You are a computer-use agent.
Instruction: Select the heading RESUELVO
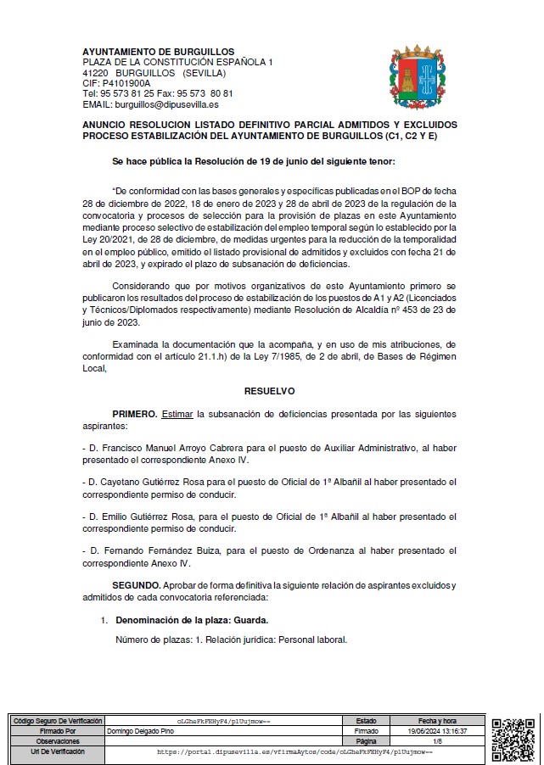[x=269, y=392]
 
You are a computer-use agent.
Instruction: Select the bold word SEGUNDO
[x=137, y=586]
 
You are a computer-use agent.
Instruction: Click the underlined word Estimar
[x=177, y=414]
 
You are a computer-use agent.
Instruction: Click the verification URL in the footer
[x=294, y=751]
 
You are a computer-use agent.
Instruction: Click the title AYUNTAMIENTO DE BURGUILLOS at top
[x=159, y=53]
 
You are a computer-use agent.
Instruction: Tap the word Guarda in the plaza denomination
[x=252, y=620]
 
